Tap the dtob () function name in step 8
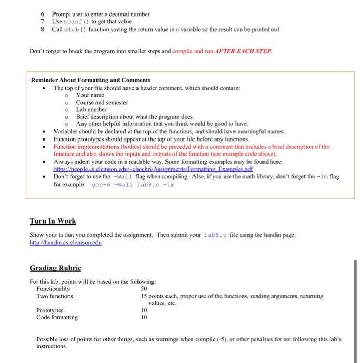pos(73,29)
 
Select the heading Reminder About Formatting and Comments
pos(91,80)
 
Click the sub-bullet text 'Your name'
pos(90,95)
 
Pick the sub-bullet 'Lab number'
pos(91,110)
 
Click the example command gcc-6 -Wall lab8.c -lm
pos(133,184)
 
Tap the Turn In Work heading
pos(52,221)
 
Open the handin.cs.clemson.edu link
pos(65,242)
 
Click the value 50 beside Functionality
pos(144,289)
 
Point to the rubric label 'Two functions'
pos(54,296)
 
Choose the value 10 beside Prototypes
pos(144,310)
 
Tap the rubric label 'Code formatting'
pos(57,317)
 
